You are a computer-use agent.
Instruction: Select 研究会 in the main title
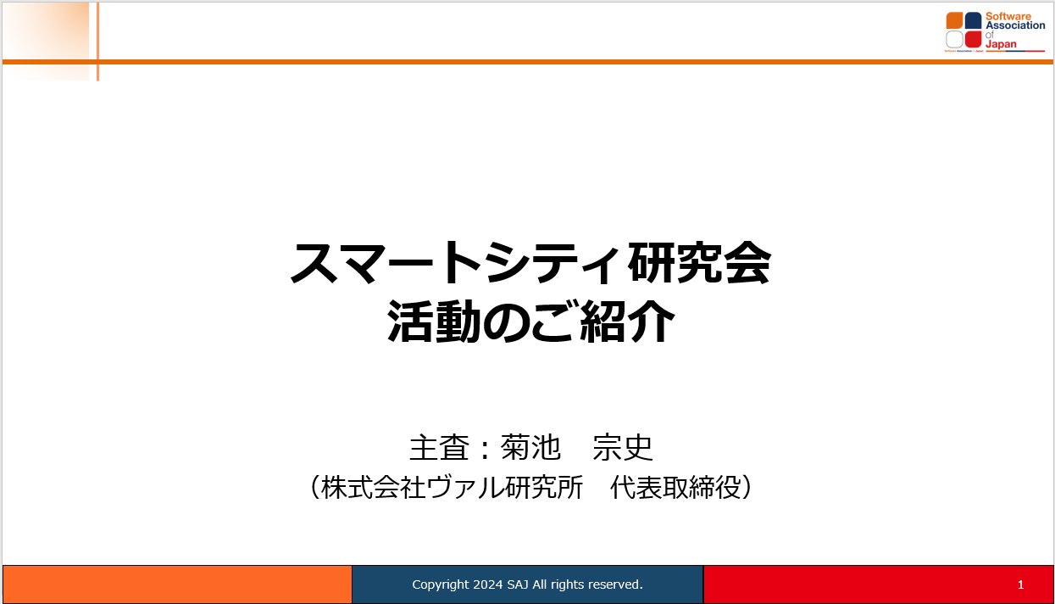tap(699, 262)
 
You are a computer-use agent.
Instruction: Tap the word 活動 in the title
tap(434, 322)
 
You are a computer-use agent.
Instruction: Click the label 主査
tap(439, 447)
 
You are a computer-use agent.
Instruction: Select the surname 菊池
tap(530, 447)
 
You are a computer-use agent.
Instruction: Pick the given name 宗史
tap(622, 447)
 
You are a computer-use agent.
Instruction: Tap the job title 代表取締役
tap(675, 487)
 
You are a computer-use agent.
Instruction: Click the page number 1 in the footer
tap(1020, 584)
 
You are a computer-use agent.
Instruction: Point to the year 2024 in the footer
tap(488, 584)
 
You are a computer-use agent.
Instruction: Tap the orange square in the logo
tap(954, 20)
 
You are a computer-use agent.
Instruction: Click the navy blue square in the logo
tap(973, 20)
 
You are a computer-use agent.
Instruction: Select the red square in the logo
tap(973, 39)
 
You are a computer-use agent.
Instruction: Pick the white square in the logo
tap(954, 39)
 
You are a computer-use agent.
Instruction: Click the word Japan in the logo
tap(1001, 44)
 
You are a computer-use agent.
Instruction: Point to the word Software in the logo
tap(1008, 16)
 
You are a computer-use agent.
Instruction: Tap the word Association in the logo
tap(1015, 25)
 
